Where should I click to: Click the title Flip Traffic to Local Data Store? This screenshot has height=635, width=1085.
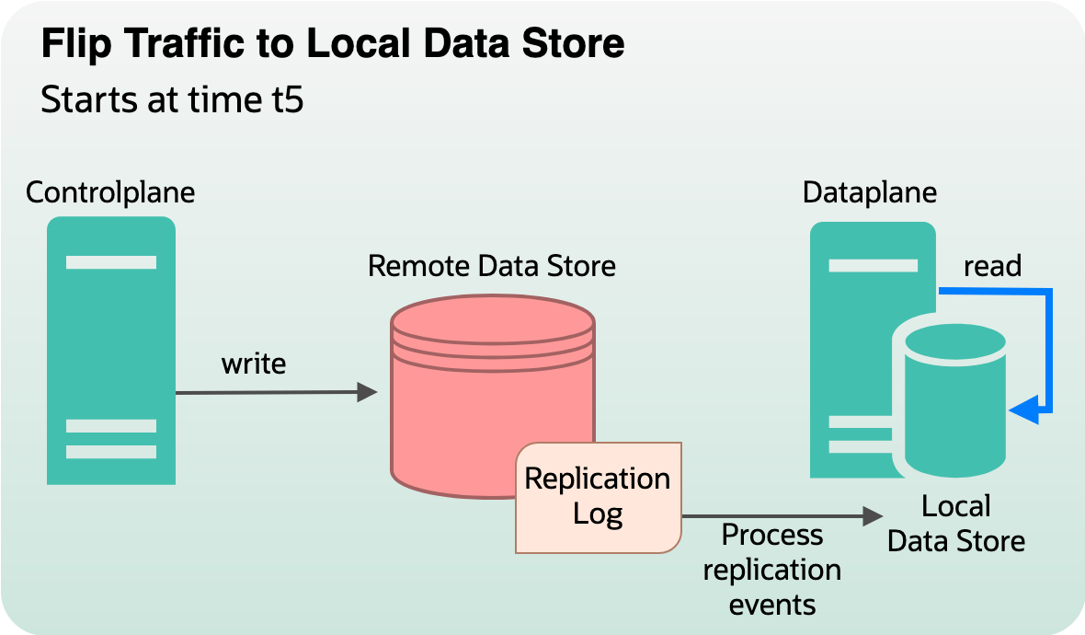click(x=332, y=44)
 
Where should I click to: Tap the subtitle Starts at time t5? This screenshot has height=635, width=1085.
click(x=172, y=99)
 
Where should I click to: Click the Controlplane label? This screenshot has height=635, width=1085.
click(x=110, y=192)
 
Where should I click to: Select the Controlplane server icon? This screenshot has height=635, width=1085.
click(x=111, y=350)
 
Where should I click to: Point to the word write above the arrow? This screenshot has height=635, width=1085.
click(x=254, y=364)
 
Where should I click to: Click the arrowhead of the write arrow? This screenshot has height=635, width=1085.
click(x=368, y=393)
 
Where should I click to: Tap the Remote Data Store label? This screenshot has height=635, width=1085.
click(x=491, y=266)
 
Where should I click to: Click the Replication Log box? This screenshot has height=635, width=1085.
click(x=598, y=497)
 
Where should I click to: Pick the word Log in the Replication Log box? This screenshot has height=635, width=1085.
click(x=598, y=514)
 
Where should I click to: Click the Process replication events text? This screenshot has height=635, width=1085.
click(x=771, y=570)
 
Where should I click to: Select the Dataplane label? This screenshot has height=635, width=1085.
click(x=869, y=192)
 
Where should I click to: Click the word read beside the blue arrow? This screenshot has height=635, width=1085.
click(x=992, y=266)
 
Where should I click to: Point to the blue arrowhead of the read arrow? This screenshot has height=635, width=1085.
click(x=1022, y=410)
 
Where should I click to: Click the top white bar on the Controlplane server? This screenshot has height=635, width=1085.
click(x=111, y=262)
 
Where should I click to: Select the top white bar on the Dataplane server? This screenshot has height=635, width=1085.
click(x=873, y=265)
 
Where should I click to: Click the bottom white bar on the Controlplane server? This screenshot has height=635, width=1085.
click(x=111, y=452)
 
